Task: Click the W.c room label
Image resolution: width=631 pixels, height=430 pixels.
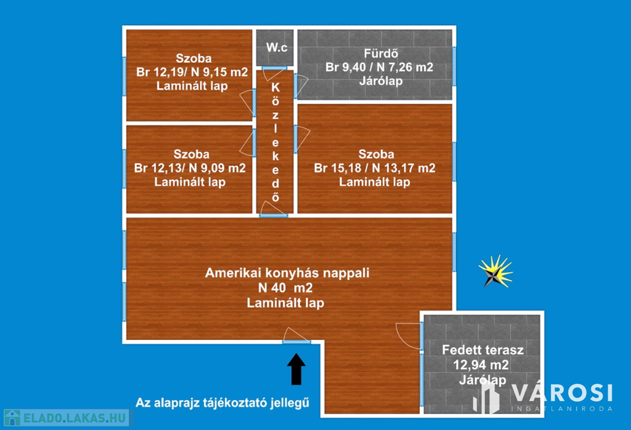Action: pyautogui.click(x=277, y=47)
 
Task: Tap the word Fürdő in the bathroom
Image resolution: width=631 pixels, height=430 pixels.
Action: pyautogui.click(x=381, y=54)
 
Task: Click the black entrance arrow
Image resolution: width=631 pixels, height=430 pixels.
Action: pyautogui.click(x=296, y=369)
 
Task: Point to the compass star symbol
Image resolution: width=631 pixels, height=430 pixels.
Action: pyautogui.click(x=495, y=272)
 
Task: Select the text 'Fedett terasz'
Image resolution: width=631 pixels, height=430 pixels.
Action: pyautogui.click(x=482, y=350)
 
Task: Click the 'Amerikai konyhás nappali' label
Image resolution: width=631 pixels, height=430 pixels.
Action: pyautogui.click(x=287, y=273)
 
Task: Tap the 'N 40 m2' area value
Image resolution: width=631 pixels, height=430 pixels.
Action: pyautogui.click(x=285, y=288)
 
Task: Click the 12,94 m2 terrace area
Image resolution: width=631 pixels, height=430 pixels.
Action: pyautogui.click(x=481, y=365)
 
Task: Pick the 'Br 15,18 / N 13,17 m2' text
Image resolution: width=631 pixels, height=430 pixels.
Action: pyautogui.click(x=375, y=168)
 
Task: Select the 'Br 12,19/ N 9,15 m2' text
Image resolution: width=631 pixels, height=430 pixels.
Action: pyautogui.click(x=192, y=72)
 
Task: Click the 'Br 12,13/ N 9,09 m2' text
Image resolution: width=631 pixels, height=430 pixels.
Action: pyautogui.click(x=190, y=168)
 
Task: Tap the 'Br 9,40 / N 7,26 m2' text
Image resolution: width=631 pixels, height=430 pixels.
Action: pyautogui.click(x=379, y=67)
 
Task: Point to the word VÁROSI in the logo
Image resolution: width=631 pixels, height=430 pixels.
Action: pyautogui.click(x=563, y=392)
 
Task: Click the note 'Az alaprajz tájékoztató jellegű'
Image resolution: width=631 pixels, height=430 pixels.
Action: pyautogui.click(x=222, y=403)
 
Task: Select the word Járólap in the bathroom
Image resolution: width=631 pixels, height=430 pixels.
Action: pyautogui.click(x=381, y=81)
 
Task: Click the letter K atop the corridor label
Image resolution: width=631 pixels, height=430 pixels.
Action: pyautogui.click(x=275, y=87)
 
